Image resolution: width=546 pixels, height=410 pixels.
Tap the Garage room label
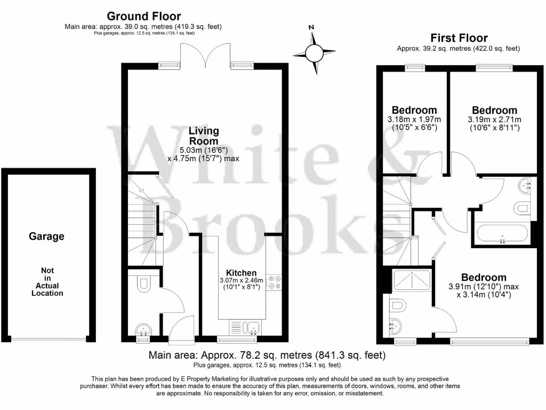click(46, 236)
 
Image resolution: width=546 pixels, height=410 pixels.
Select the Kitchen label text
click(241, 272)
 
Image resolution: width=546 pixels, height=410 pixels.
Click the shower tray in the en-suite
click(411, 280)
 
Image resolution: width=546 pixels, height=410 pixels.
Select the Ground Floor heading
click(144, 17)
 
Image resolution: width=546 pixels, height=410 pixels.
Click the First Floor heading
click(459, 38)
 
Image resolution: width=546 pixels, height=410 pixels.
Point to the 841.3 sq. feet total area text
click(350, 355)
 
